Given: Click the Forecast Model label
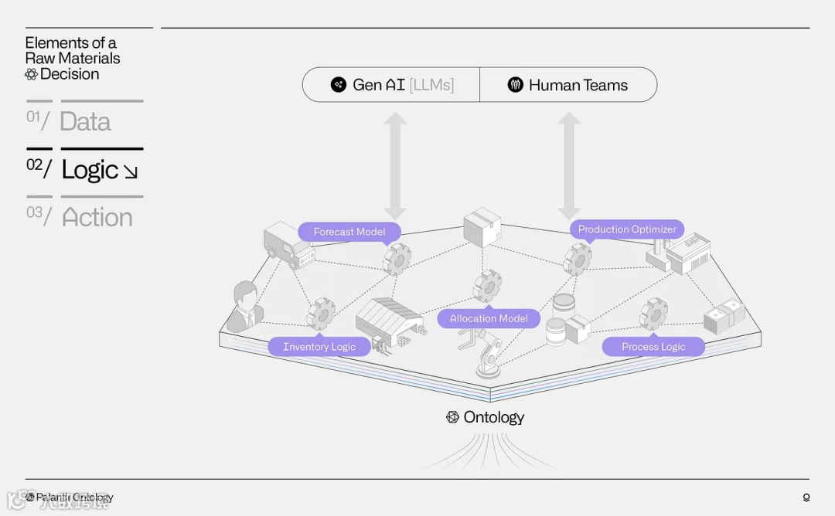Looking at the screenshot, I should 349,232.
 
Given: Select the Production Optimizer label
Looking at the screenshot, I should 627,229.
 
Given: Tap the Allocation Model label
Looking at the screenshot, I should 489,318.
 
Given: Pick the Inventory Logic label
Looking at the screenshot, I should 319,347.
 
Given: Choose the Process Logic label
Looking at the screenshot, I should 653,347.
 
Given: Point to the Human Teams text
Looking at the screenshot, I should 578,85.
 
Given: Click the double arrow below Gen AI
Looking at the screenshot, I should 396,166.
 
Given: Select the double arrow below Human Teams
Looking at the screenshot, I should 569,166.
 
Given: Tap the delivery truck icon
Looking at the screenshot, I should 285,245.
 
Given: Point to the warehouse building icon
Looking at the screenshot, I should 388,322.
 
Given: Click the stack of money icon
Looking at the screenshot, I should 724,317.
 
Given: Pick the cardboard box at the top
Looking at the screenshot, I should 482,226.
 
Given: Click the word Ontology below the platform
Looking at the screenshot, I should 493,417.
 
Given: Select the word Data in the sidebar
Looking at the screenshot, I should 85,122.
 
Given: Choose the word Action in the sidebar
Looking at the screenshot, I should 97,218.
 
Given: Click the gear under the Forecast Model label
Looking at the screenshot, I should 397,259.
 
